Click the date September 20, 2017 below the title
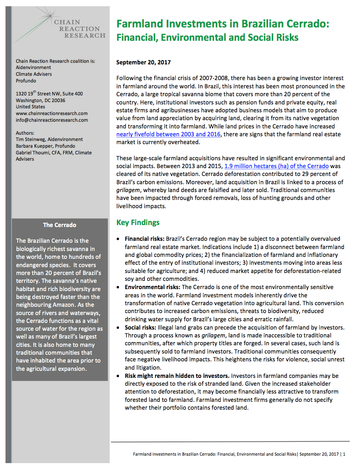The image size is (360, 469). pyautogui.click(x=143, y=62)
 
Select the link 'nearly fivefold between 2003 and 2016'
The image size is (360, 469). pyautogui.click(x=168, y=134)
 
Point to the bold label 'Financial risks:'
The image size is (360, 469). pyautogui.click(x=144, y=239)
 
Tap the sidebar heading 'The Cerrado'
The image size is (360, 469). pyautogui.click(x=60, y=225)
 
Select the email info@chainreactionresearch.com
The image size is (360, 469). pyautogui.click(x=52, y=120)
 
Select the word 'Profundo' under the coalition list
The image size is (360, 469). pyautogui.click(x=26, y=81)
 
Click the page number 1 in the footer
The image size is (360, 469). pyautogui.click(x=344, y=454)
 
